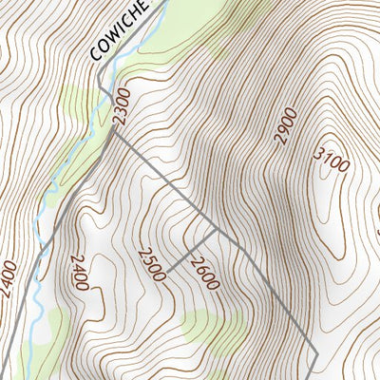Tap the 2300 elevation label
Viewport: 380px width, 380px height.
pos(119,107)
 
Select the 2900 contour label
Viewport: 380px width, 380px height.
pos(285,126)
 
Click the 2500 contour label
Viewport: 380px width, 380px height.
pos(151,264)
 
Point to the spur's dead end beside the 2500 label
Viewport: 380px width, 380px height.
pos(169,267)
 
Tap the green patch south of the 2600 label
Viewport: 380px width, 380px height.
pos(204,323)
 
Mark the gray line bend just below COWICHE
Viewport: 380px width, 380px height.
pos(99,87)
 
